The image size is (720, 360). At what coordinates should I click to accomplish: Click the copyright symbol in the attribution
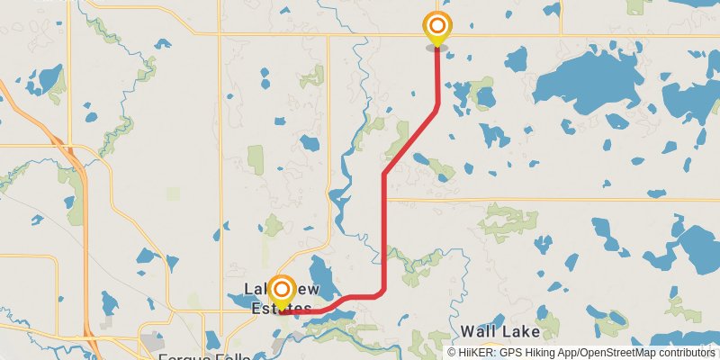click(x=452, y=352)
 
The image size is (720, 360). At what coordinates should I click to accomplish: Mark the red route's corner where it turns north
click(x=384, y=290)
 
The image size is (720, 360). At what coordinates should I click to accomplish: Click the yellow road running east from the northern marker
click(x=504, y=34)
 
